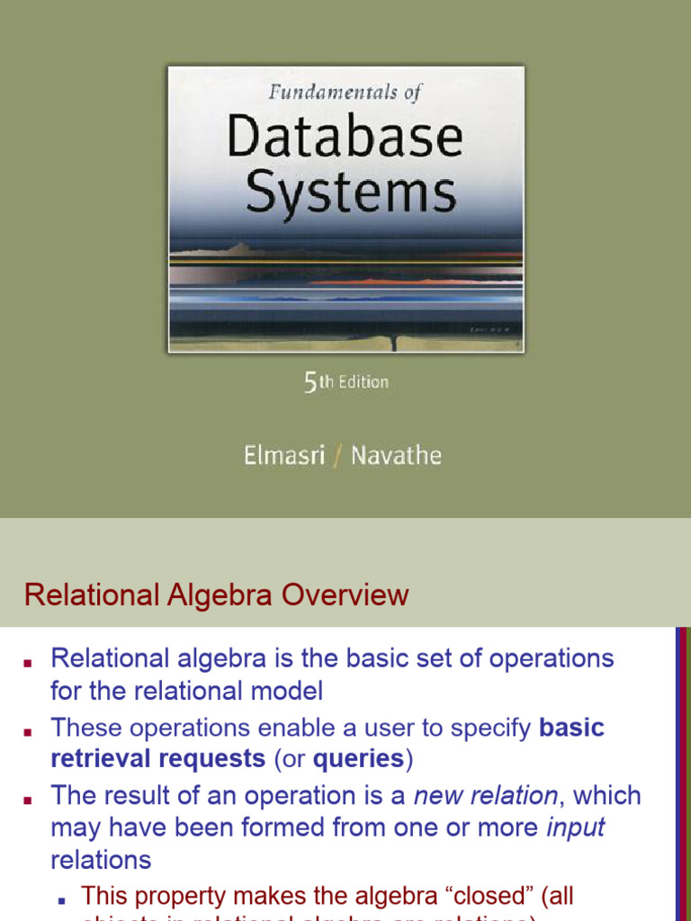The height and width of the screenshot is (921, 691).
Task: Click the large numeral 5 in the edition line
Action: tap(310, 383)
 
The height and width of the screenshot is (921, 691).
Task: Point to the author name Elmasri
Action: tap(283, 455)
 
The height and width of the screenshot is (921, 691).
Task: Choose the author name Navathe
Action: tap(396, 455)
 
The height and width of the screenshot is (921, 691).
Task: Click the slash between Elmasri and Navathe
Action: tap(337, 456)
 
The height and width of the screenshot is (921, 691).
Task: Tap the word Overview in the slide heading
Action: tap(347, 595)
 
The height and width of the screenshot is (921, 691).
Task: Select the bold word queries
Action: tap(358, 759)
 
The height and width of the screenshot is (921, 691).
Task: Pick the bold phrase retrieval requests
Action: tap(158, 759)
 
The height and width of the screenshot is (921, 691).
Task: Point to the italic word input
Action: tap(576, 827)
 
